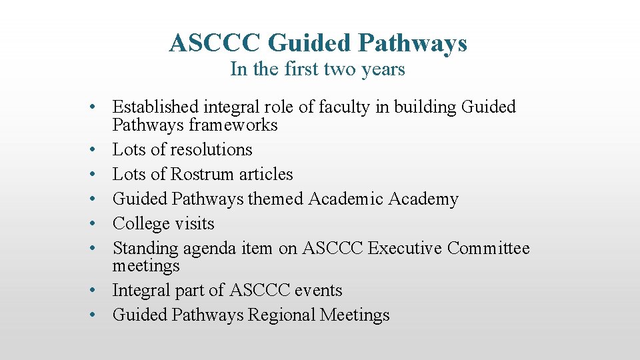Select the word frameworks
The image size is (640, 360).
235,125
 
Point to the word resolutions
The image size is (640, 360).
211,149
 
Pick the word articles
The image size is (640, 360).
266,174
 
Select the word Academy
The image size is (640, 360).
425,199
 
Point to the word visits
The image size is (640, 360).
194,223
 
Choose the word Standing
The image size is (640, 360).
146,249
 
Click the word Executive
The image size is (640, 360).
405,249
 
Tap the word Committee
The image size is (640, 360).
489,249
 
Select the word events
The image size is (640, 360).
319,291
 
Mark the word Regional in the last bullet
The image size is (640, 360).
282,315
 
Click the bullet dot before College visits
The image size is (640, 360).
97,224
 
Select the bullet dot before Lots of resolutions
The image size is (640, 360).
97,150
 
